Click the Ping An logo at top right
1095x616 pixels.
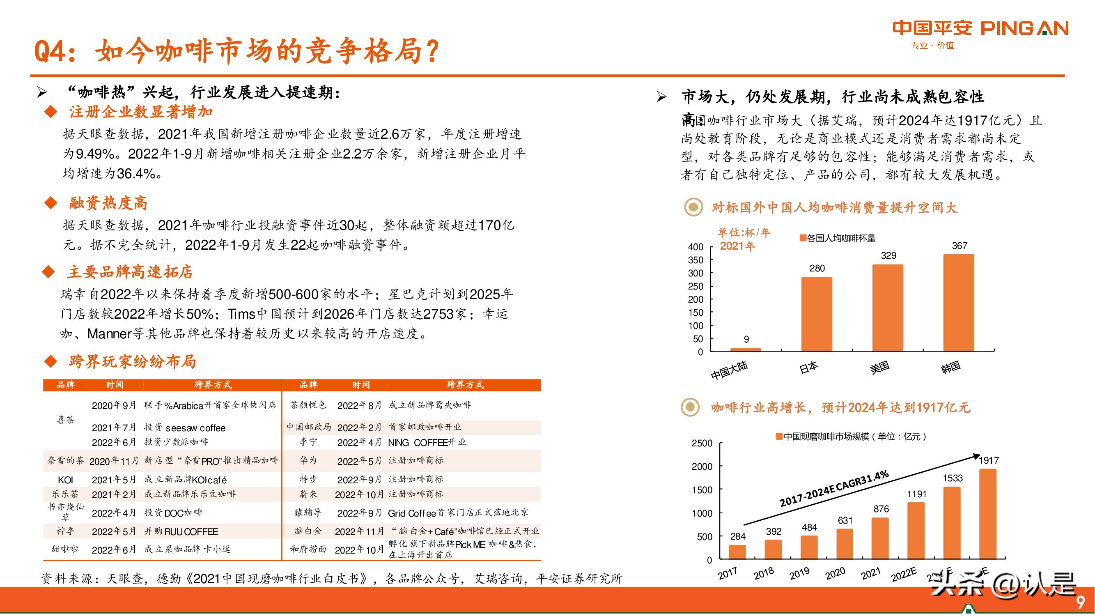pyautogui.click(x=980, y=29)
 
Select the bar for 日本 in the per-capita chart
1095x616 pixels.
pyautogui.click(x=817, y=314)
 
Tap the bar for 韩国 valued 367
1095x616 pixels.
pyautogui.click(x=959, y=303)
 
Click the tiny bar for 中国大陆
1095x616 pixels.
pyautogui.click(x=746, y=349)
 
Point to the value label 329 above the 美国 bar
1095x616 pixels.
pyautogui.click(x=888, y=255)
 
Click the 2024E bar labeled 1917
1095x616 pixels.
pyautogui.click(x=988, y=514)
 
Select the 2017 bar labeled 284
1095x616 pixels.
pyautogui.click(x=737, y=552)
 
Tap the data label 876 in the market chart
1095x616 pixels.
pyautogui.click(x=881, y=509)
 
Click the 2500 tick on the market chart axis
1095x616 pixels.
pyautogui.click(x=702, y=444)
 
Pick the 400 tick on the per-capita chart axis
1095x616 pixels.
pyautogui.click(x=696, y=247)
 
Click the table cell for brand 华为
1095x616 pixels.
pyautogui.click(x=308, y=460)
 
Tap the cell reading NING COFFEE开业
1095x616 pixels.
pyautogui.click(x=427, y=443)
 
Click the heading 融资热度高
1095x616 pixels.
pyautogui.click(x=108, y=203)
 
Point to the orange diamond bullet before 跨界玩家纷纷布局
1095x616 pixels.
pyautogui.click(x=51, y=362)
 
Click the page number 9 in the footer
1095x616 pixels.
pyautogui.click(x=1081, y=602)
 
